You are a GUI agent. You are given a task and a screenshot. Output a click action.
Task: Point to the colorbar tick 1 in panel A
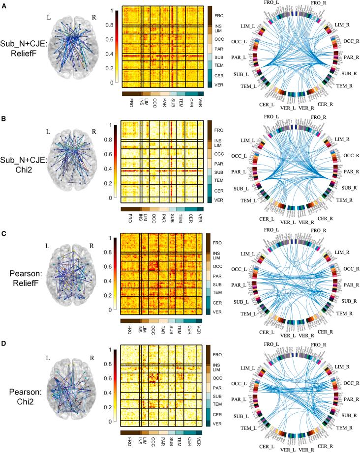coord(113,10)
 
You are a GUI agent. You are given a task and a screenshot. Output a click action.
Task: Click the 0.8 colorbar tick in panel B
coord(113,140)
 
